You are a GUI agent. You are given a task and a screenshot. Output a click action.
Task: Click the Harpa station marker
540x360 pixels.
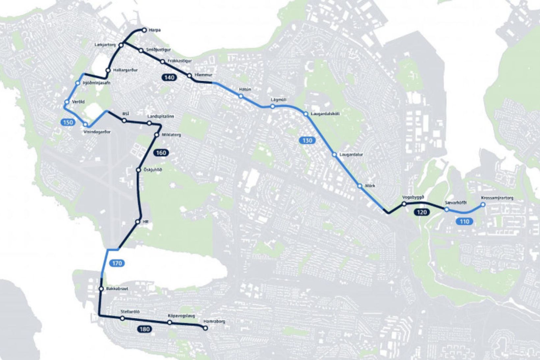pyautogui.click(x=144, y=30)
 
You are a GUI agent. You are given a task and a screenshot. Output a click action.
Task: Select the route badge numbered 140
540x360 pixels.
pyautogui.click(x=169, y=78)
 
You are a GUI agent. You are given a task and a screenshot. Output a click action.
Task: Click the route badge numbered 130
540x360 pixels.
pyautogui.click(x=307, y=141)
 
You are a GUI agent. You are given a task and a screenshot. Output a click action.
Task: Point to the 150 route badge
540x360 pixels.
pyautogui.click(x=67, y=123)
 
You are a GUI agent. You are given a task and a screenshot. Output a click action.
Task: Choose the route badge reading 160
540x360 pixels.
pyautogui.click(x=161, y=153)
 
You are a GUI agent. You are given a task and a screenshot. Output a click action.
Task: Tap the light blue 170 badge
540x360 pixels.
pyautogui.click(x=117, y=263)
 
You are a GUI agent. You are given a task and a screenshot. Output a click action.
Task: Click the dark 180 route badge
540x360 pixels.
pyautogui.click(x=144, y=329)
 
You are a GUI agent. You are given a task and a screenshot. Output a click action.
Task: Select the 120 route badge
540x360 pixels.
pyautogui.click(x=422, y=212)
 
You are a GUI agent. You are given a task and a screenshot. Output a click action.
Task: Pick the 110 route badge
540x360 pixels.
pyautogui.click(x=464, y=222)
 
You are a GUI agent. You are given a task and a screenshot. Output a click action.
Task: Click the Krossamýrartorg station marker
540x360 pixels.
pyautogui.click(x=483, y=205)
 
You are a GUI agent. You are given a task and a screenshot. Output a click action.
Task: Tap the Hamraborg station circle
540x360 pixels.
pyautogui.click(x=205, y=328)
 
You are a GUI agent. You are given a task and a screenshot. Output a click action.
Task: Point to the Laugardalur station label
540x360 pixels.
pyautogui.click(x=351, y=154)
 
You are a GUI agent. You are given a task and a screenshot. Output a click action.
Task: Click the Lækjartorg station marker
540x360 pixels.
pyautogui.click(x=121, y=45)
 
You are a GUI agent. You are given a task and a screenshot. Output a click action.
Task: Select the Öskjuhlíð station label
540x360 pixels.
pyautogui.click(x=153, y=170)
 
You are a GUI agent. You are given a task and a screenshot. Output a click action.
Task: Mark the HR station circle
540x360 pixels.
pyautogui.click(x=138, y=222)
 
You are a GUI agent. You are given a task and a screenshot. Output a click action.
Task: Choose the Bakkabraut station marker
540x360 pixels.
pyautogui.click(x=101, y=289)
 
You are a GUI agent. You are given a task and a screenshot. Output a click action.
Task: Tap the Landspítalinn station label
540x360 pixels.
pyautogui.click(x=161, y=117)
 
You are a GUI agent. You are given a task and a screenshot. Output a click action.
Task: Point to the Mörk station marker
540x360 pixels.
pyautogui.click(x=360, y=186)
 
